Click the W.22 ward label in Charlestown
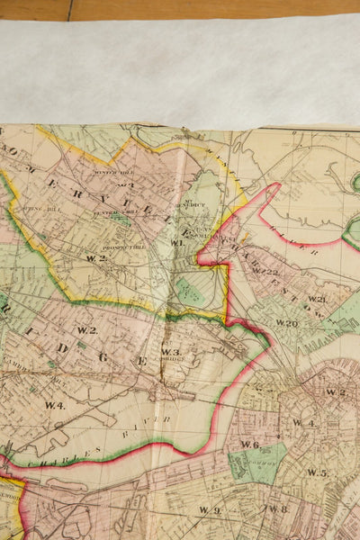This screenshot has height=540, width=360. pyautogui.click(x=265, y=271)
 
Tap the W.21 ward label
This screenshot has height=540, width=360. pyautogui.click(x=316, y=299)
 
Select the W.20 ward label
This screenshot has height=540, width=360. pyautogui.click(x=286, y=323)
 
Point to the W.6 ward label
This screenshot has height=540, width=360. pyautogui.click(x=249, y=445)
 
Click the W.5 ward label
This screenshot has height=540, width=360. pyautogui.click(x=316, y=472)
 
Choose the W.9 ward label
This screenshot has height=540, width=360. pyautogui.click(x=211, y=510)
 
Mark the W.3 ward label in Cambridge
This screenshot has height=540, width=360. pyautogui.click(x=171, y=352)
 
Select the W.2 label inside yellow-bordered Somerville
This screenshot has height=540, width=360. pyautogui.click(x=96, y=258)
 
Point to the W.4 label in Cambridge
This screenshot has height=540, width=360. pyautogui.click(x=55, y=406)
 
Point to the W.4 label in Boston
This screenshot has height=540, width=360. pyautogui.click(x=302, y=422)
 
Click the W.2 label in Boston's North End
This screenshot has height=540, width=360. pyautogui.click(x=336, y=391)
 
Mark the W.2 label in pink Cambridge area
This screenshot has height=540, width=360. pyautogui.click(x=86, y=330)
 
